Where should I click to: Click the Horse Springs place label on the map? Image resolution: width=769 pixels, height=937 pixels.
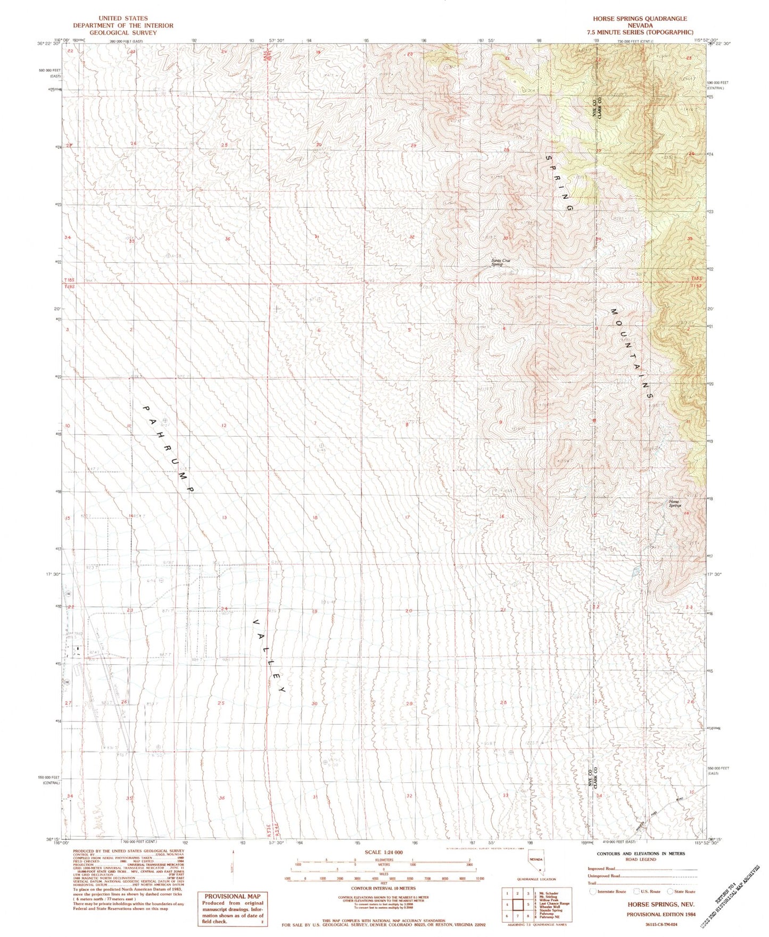(x=675, y=503)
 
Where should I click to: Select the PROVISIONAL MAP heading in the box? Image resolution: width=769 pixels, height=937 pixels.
(x=231, y=896)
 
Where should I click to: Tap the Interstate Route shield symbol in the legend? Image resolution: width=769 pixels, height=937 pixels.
(x=593, y=892)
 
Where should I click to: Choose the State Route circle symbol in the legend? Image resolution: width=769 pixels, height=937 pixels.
(x=669, y=892)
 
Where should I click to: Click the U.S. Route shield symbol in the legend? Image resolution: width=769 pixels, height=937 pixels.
(x=636, y=892)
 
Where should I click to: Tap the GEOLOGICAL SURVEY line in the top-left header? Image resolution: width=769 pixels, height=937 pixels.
(x=123, y=32)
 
